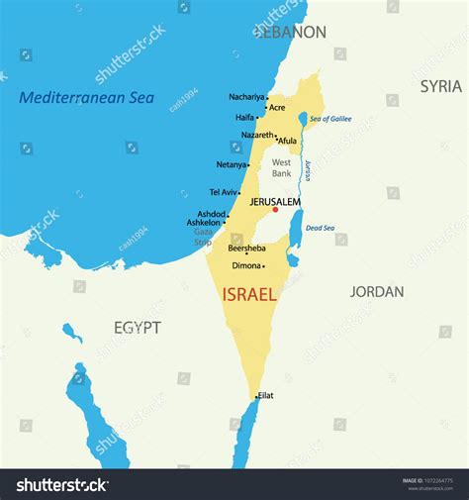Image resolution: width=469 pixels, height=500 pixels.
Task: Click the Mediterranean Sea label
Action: click(87, 97)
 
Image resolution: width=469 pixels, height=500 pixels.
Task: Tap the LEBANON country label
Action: click(290, 32)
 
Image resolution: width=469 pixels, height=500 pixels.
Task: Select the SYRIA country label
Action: click(440, 86)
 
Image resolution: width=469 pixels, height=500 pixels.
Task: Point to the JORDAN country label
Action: click(377, 291)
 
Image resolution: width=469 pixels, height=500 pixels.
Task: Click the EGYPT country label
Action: click(137, 327)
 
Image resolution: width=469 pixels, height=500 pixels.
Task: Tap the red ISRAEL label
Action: click(249, 294)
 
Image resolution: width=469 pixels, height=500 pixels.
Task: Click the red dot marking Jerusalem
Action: click(275, 209)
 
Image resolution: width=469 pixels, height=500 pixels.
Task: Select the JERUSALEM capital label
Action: click(275, 201)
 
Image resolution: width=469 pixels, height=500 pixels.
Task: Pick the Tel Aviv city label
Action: click(224, 192)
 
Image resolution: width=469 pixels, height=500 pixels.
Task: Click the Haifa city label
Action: click(245, 117)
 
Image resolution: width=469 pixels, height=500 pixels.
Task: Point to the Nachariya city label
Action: click(246, 97)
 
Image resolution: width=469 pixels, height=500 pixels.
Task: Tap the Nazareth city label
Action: click(258, 135)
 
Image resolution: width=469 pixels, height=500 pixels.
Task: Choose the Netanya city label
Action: click(232, 164)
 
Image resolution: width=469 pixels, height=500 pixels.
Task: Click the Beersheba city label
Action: click(246, 249)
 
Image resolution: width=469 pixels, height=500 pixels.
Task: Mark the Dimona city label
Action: click(246, 265)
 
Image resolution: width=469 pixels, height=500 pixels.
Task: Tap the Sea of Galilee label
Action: click(330, 119)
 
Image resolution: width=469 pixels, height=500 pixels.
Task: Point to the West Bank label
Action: click(282, 167)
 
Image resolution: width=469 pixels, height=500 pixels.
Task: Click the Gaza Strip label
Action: click(203, 237)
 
